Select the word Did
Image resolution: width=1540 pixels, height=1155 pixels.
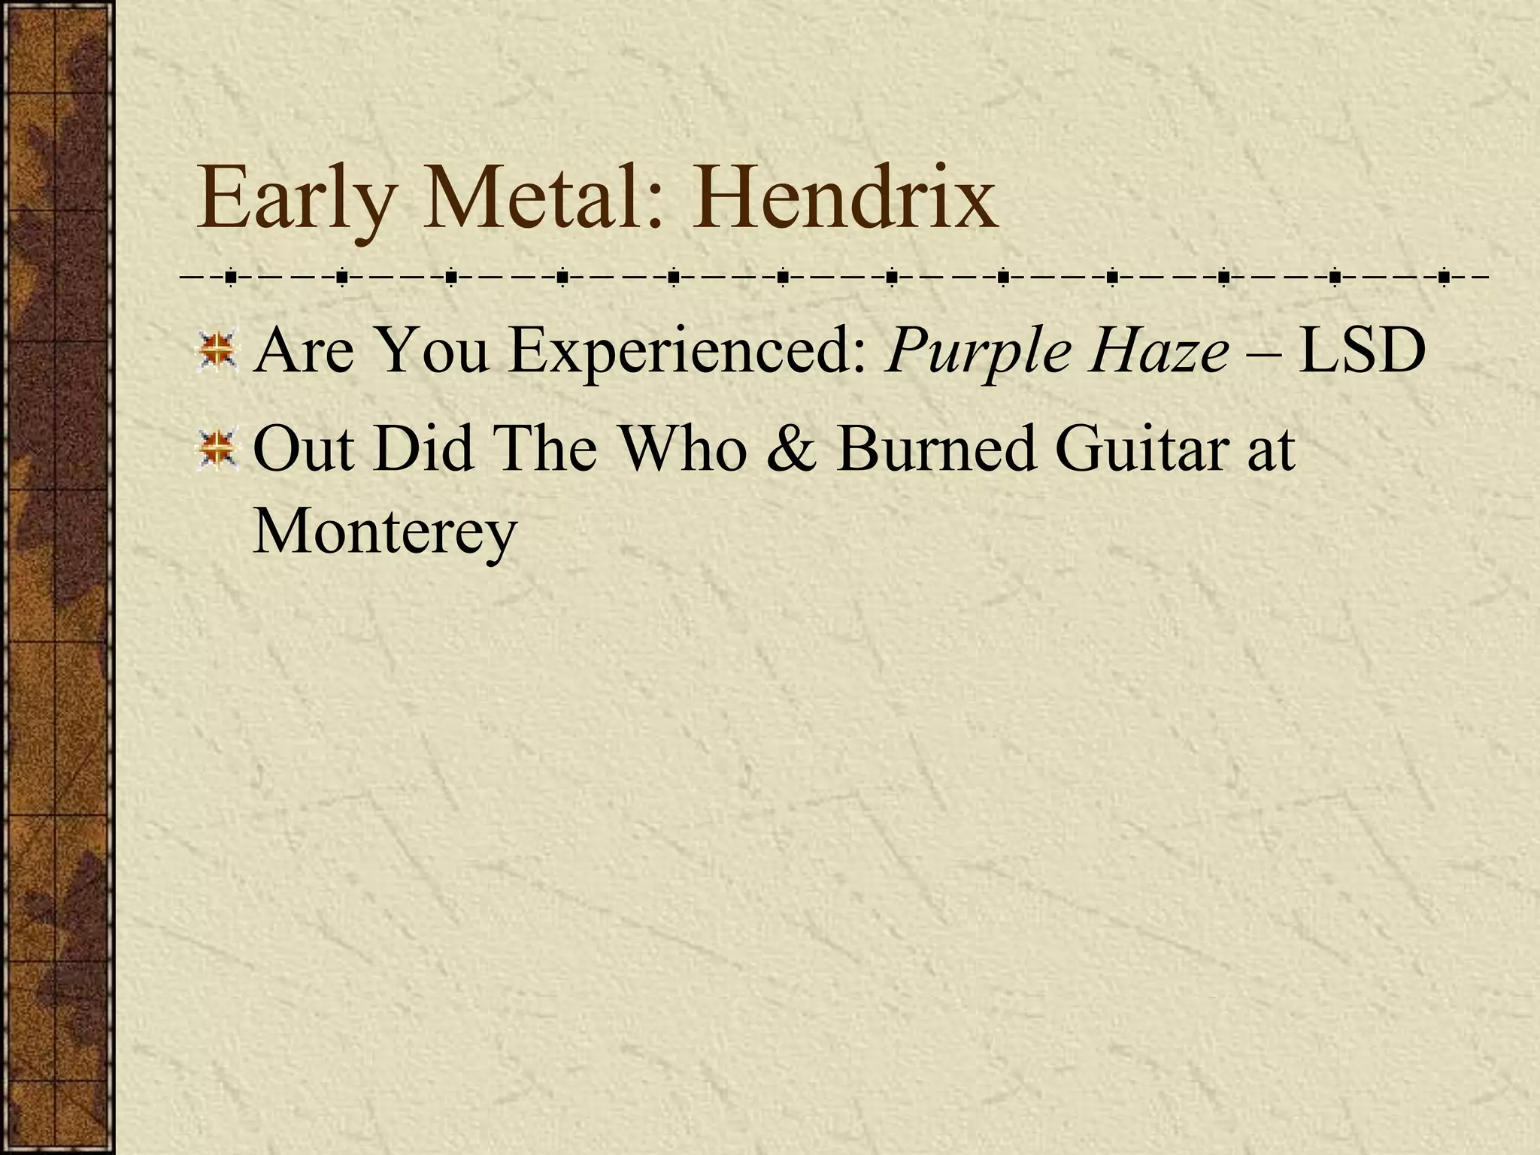coord(424,450)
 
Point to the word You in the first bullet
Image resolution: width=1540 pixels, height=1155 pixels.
coord(432,351)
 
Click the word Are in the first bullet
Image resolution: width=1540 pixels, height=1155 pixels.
coord(304,351)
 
